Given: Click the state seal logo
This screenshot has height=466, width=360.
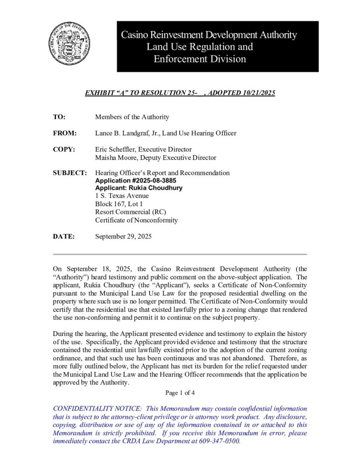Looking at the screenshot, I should (x=70, y=46).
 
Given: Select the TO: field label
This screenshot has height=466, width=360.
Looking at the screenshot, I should (x=59, y=117).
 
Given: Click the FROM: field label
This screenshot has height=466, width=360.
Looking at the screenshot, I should (x=65, y=133).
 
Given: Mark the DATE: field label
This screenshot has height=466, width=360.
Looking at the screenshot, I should (x=63, y=237).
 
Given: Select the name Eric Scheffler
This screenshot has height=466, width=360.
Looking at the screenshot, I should (x=116, y=149).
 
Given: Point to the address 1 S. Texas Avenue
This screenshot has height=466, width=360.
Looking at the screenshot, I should (x=122, y=196).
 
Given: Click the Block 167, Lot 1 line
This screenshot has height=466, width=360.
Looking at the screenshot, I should (x=119, y=204).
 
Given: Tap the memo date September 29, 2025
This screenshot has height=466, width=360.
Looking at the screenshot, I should (x=123, y=237).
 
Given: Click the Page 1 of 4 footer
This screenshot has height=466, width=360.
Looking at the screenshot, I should (x=180, y=393).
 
